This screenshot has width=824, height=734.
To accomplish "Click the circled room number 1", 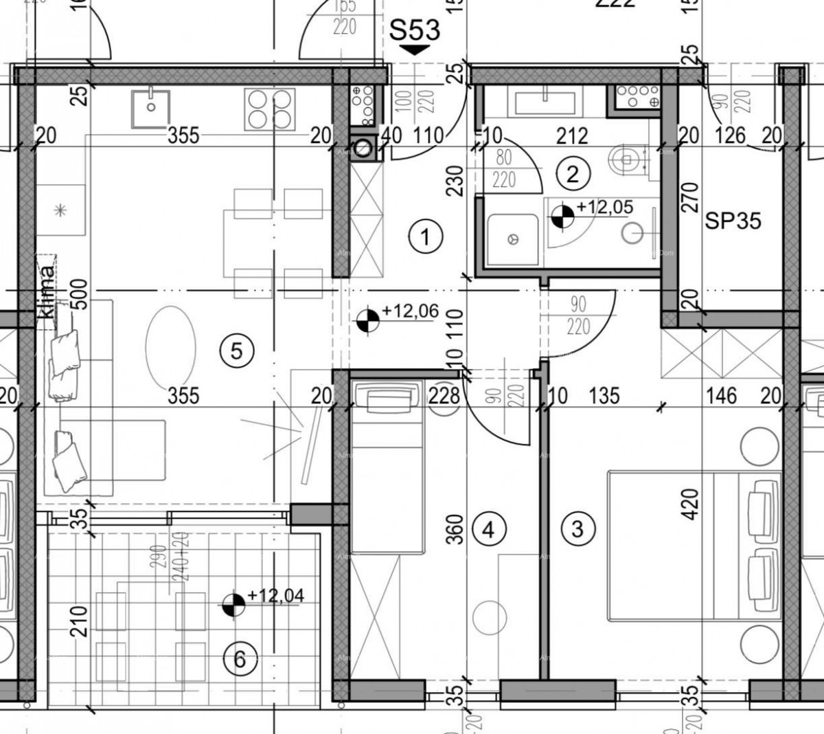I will click(x=426, y=238).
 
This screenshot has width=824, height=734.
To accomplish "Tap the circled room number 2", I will click(x=573, y=173).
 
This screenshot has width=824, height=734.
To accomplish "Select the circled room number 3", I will click(x=577, y=529).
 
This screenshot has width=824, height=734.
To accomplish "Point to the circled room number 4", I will click(x=488, y=529).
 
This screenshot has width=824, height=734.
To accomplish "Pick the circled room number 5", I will click(x=236, y=351).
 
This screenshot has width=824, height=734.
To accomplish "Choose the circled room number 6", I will click(x=240, y=659).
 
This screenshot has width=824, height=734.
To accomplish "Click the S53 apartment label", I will click(x=414, y=31).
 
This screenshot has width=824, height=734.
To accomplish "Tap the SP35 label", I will click(x=733, y=221).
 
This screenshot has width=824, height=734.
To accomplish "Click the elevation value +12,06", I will click(x=410, y=311).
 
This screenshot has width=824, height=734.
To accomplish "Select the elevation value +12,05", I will click(x=604, y=207).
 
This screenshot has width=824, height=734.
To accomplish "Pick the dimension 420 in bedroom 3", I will click(x=690, y=504).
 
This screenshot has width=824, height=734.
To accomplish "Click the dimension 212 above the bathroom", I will click(x=573, y=136).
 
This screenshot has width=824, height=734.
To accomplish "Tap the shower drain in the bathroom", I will click(x=512, y=239).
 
